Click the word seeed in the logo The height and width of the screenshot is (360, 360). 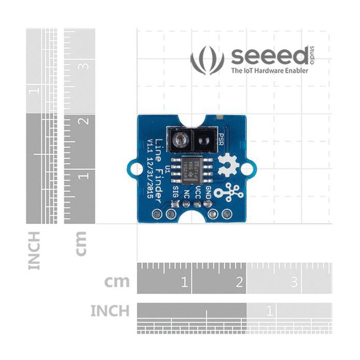coord(270,56)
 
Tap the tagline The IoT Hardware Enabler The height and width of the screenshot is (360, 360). coord(269,71)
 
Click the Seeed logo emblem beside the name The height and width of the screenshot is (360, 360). coord(207,60)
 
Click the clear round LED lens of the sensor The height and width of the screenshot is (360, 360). coord(179,139)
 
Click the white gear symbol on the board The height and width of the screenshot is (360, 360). coord(227,166)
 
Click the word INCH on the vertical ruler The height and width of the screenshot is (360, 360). coord(34,251)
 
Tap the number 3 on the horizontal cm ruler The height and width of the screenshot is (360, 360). coord(294,282)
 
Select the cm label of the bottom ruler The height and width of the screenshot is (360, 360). coord(117,282)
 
